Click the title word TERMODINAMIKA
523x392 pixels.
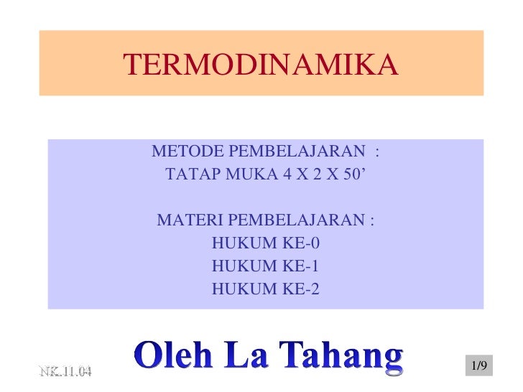tap(260, 66)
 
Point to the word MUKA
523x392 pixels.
tap(247, 174)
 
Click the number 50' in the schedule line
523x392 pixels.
tap(353, 174)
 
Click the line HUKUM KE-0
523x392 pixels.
tap(265, 243)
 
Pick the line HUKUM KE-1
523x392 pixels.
tap(265, 266)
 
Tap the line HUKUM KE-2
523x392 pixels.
tap(265, 289)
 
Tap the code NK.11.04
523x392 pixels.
tap(65, 371)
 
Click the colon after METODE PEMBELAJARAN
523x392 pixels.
tap(377, 152)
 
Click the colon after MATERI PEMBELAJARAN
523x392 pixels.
tap(372, 220)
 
